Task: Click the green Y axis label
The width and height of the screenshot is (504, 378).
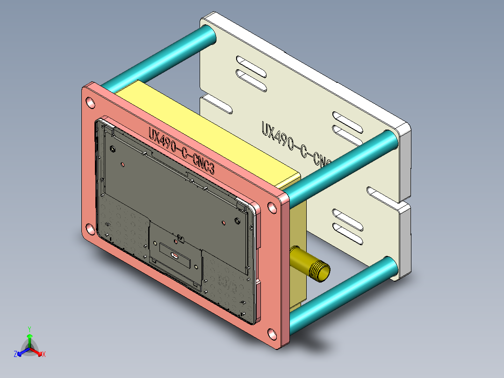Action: (x=29, y=328)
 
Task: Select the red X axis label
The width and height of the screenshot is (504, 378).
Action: (x=43, y=355)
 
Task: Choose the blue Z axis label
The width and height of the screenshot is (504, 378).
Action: (x=15, y=354)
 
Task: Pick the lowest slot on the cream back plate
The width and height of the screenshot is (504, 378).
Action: (x=348, y=239)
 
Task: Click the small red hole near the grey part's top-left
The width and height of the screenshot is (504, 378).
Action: (x=122, y=164)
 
